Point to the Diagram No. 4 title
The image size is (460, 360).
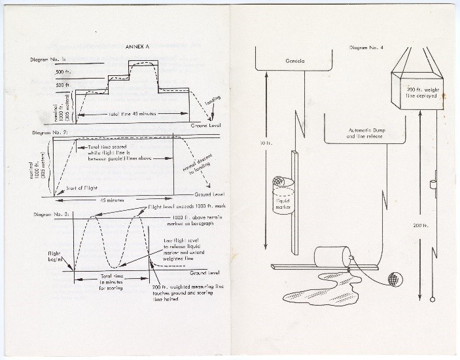(x=366, y=48)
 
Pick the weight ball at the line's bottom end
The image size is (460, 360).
(x=433, y=299)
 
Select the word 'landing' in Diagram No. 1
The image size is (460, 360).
(x=213, y=103)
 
